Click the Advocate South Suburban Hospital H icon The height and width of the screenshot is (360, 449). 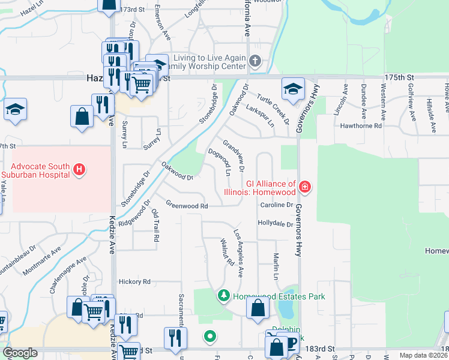[79, 170]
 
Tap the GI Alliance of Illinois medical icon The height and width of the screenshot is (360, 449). [305, 187]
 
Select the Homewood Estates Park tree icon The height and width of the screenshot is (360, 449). [223, 295]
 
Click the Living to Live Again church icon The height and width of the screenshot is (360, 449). [255, 61]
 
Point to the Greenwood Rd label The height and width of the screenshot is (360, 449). [187, 206]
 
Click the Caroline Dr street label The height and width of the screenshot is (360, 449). [276, 205]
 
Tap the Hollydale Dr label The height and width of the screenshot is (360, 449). [275, 224]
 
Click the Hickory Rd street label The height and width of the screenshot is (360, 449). [134, 281]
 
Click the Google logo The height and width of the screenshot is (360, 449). [20, 353]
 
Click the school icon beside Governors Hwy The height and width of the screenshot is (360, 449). [293, 89]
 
